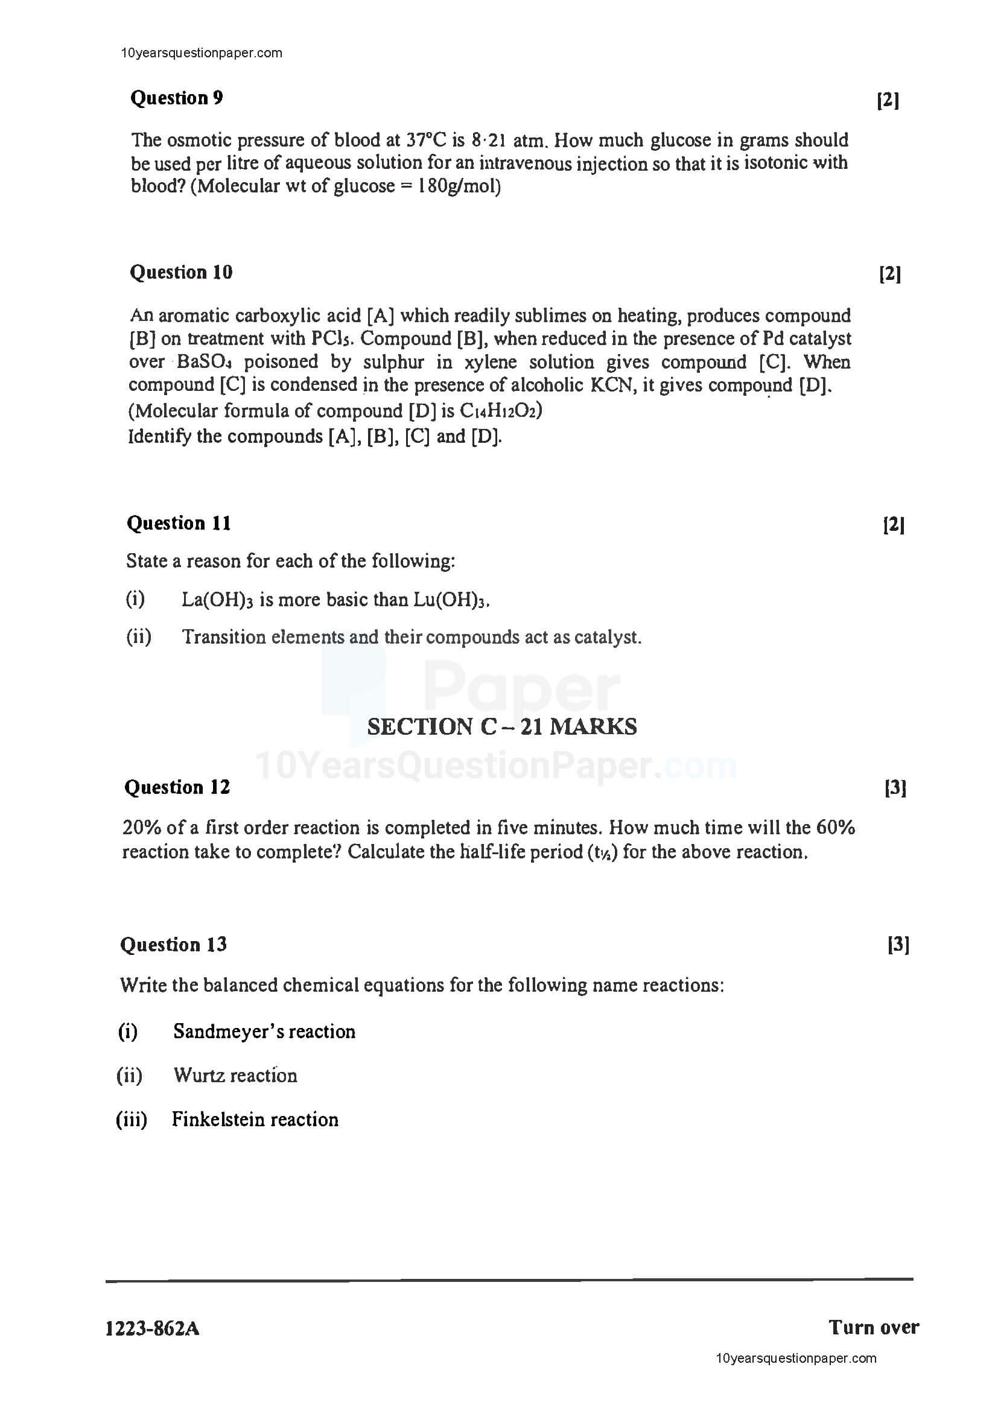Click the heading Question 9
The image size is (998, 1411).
pyautogui.click(x=176, y=98)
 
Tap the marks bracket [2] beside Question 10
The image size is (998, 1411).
pyautogui.click(x=890, y=273)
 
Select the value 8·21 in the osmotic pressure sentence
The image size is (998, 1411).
pyautogui.click(x=489, y=141)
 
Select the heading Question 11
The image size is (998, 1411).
pyautogui.click(x=179, y=523)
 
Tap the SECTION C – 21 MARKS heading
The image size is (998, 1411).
pyautogui.click(x=501, y=726)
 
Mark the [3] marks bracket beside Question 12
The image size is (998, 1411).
pyautogui.click(x=895, y=788)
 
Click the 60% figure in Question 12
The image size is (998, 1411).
pyautogui.click(x=835, y=827)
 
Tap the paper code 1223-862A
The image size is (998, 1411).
pyautogui.click(x=153, y=1330)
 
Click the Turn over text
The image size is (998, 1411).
pyautogui.click(x=873, y=1327)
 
